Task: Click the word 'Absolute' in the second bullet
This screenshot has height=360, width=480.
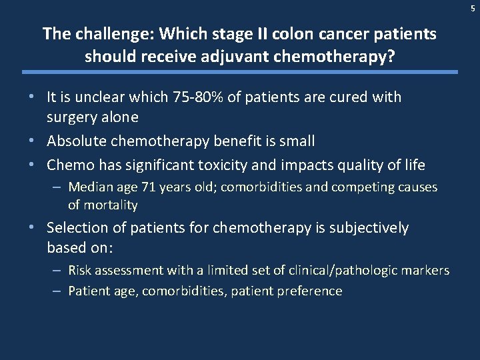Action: pyautogui.click(x=75, y=141)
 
